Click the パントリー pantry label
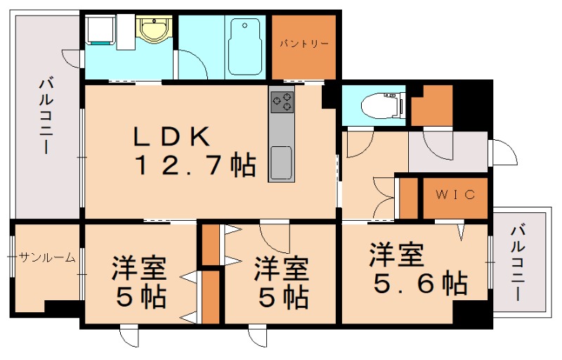tap(304, 44)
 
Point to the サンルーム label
tap(46, 257)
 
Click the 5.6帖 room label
tap(418, 270)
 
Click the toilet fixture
tap(379, 106)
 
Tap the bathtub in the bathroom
tap(244, 46)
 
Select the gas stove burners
tap(282, 102)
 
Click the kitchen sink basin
tap(282, 162)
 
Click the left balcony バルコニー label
tap(46, 117)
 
